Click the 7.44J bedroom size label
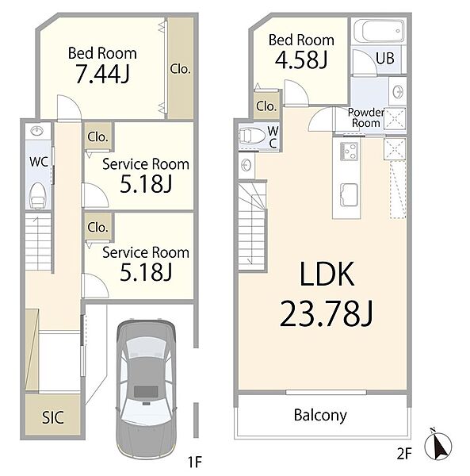click(102, 75)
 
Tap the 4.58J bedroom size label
click(301, 59)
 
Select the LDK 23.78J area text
click(327, 294)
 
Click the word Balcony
click(320, 415)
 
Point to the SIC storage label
click(53, 417)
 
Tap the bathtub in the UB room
click(379, 32)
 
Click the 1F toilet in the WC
click(38, 195)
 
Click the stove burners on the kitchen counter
click(349, 151)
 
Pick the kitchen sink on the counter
click(349, 194)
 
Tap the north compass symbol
click(438, 446)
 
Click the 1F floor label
click(195, 462)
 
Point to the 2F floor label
click(404, 454)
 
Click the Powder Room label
click(366, 117)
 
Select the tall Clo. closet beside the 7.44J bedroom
click(181, 68)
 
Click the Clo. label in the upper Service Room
click(97, 137)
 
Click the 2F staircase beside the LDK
click(252, 225)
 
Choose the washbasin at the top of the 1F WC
click(37, 132)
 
